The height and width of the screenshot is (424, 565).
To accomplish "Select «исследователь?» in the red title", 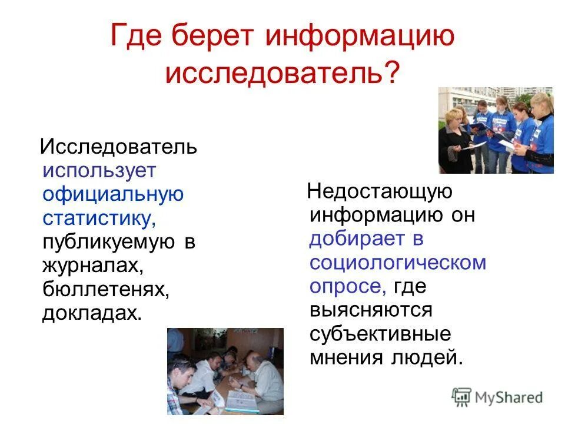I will (282, 74).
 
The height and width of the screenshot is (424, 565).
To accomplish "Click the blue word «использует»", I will (99, 171).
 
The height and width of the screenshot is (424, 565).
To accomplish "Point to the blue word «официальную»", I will (113, 194).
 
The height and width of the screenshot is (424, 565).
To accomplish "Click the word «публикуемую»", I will (109, 242).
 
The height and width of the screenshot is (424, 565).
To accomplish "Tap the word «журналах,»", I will (93, 266).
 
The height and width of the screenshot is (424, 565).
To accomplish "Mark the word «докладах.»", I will (92, 313).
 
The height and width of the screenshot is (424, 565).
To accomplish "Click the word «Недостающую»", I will (380, 192).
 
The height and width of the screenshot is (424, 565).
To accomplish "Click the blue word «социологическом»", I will (398, 263).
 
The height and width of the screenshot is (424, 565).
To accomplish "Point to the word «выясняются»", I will (371, 310).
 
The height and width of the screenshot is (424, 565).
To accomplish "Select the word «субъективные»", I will (381, 334).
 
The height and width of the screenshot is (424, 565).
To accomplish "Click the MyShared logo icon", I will (463, 397).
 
